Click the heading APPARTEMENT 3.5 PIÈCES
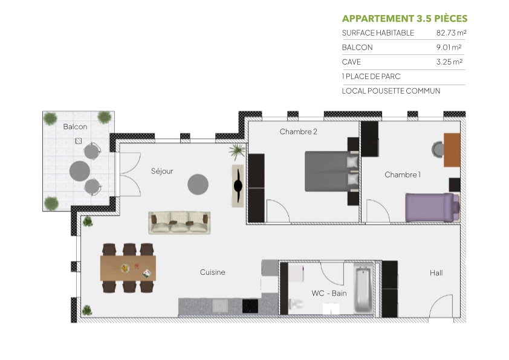click(404, 18)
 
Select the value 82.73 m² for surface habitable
click(451, 33)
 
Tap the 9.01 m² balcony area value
click(449, 48)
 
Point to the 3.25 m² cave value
click(449, 62)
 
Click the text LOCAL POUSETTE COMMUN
click(391, 91)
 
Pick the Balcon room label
click(75, 127)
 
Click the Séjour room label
click(162, 171)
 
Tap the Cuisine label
click(212, 272)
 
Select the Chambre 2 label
click(298, 132)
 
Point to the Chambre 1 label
click(402, 175)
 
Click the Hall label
click(436, 273)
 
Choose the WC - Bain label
click(329, 294)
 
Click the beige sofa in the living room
click(180, 222)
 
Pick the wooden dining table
click(128, 268)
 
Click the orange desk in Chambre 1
click(452, 150)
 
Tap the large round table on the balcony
click(80, 170)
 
